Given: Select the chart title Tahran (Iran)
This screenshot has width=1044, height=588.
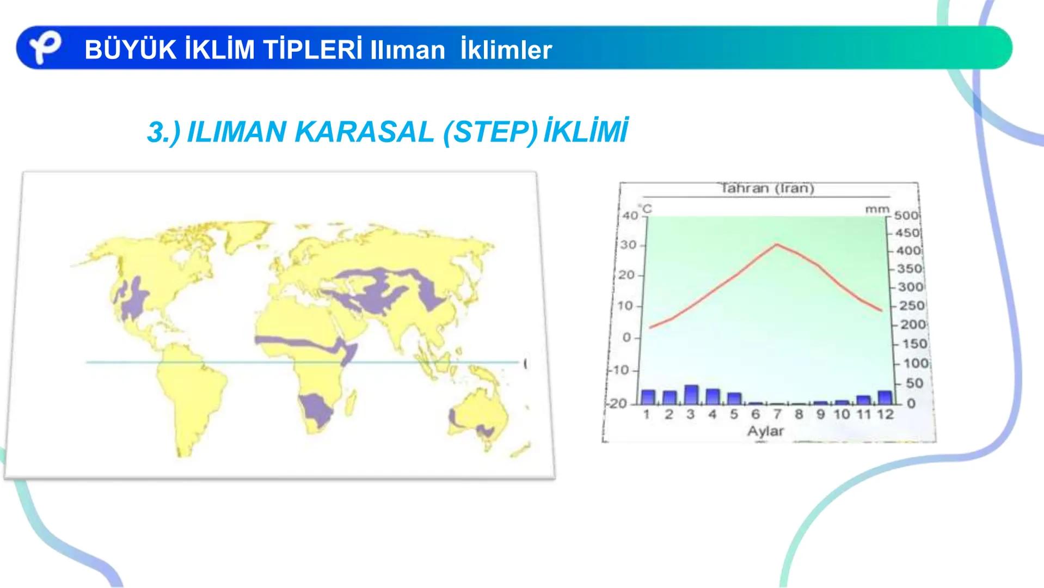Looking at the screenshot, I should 767,188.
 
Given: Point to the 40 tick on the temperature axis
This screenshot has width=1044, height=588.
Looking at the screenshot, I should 630,216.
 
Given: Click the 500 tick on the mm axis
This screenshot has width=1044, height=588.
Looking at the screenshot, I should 906,216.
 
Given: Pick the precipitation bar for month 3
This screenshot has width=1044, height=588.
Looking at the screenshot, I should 691,395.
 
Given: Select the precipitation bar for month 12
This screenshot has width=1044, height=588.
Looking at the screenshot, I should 885,397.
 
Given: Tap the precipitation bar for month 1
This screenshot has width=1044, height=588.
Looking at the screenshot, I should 648,397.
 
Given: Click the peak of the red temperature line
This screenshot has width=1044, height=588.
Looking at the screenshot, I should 777,244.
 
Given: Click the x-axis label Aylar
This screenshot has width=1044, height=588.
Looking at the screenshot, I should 765,431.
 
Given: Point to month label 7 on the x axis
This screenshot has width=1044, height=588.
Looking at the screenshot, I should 777,415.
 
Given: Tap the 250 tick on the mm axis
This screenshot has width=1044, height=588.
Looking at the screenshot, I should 912,306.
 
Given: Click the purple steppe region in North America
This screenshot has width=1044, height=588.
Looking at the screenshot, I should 133,299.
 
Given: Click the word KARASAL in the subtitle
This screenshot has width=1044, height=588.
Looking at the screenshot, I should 364,132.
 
